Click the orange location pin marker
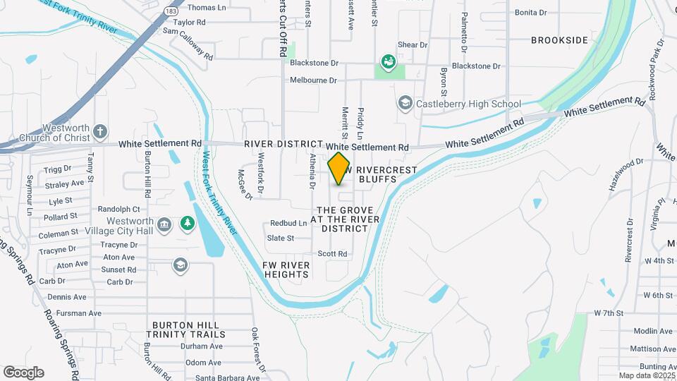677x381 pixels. (x=339, y=168)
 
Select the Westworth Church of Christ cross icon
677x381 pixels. (x=101, y=131)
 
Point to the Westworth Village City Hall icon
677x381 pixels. (x=164, y=224)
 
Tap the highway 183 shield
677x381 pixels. (x=171, y=11)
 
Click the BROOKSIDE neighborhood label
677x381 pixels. (x=559, y=40)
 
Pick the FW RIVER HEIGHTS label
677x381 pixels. (x=286, y=270)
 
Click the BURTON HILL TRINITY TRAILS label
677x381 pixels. (x=188, y=329)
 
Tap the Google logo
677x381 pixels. (x=23, y=373)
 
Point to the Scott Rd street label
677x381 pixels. (x=333, y=254)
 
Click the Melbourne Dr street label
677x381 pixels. (x=313, y=80)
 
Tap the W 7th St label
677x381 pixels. (x=609, y=313)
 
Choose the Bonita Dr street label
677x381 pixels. (x=531, y=13)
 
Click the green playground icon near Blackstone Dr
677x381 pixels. (x=388, y=62)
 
